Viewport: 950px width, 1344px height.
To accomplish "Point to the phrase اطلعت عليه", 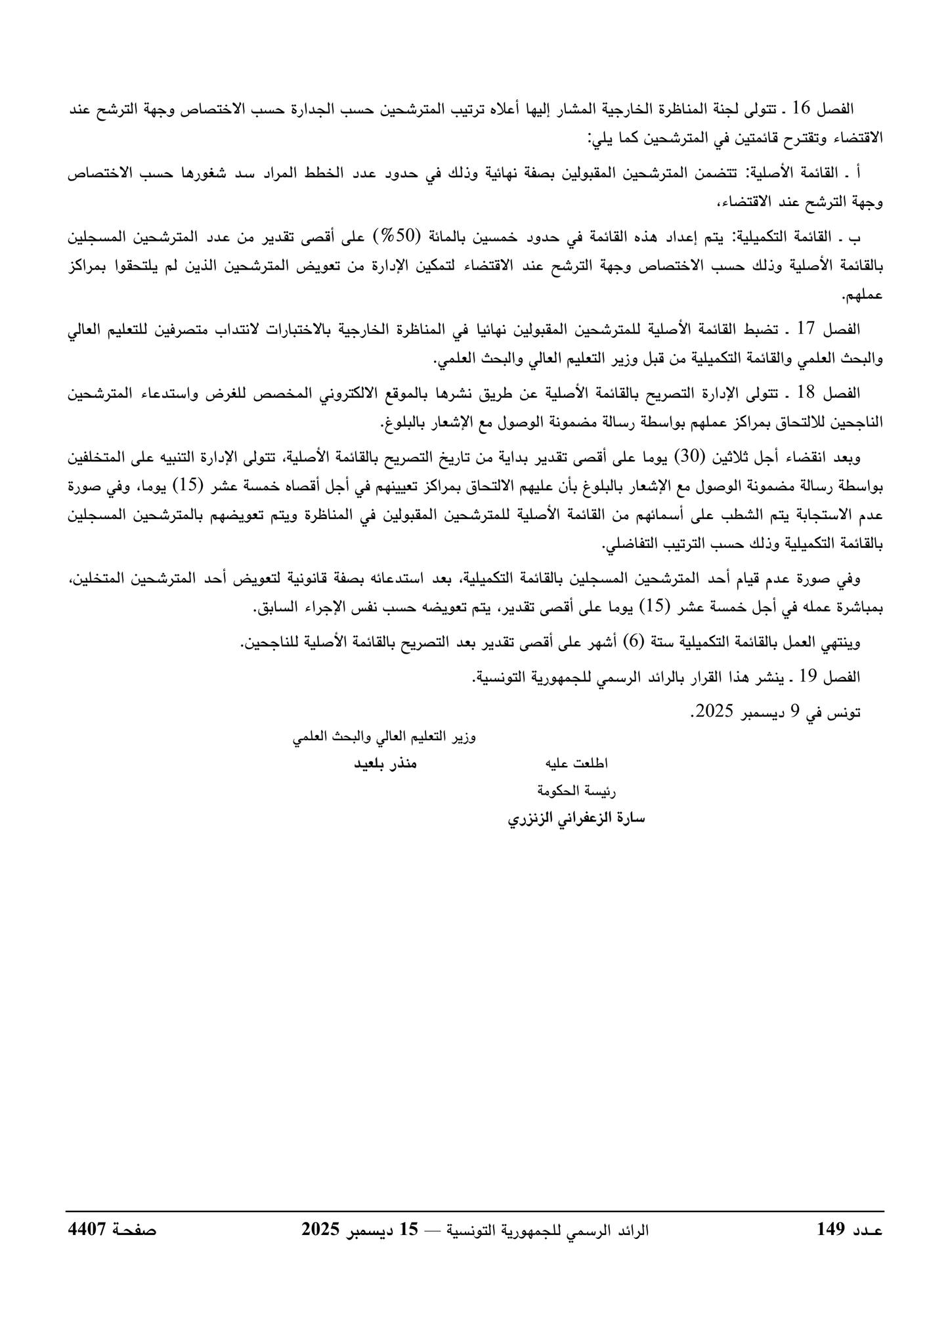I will click(x=578, y=764).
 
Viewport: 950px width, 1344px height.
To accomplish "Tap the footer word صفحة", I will click(x=135, y=1230).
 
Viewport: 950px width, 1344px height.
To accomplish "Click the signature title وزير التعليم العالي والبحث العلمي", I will click(x=385, y=737).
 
